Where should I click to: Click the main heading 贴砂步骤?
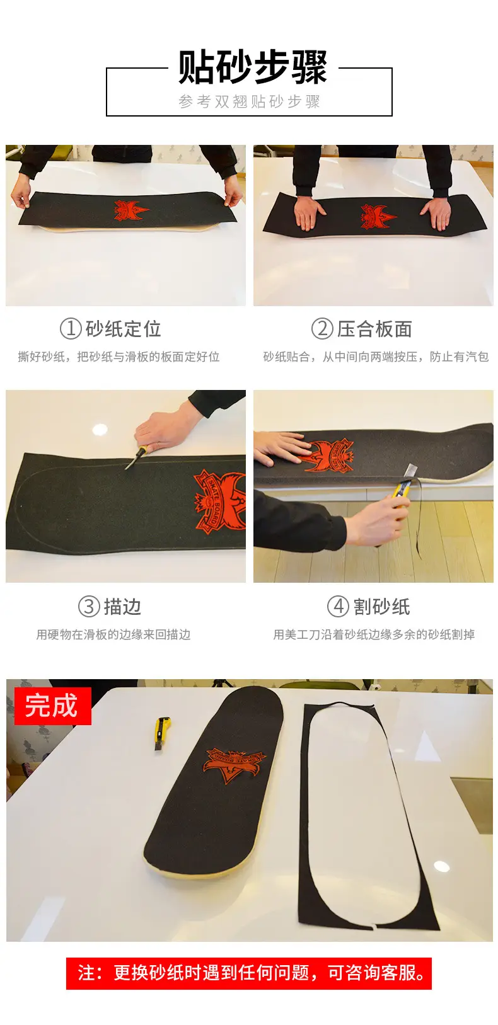[x=252, y=67]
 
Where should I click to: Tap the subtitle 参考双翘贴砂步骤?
[x=250, y=101]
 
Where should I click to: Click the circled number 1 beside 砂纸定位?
[x=71, y=329]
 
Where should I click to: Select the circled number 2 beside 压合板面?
[x=322, y=329]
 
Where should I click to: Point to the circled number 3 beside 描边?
[x=89, y=606]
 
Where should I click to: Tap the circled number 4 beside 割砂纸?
[x=339, y=606]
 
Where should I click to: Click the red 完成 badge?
[x=53, y=706]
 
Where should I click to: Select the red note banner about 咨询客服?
[x=249, y=972]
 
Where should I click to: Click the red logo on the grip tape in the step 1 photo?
[x=131, y=210]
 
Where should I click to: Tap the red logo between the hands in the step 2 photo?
[x=378, y=216]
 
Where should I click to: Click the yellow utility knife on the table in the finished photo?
[x=161, y=734]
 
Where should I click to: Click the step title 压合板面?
[x=374, y=329]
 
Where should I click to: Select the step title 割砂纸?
[x=381, y=606]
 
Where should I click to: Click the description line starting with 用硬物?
[x=113, y=634]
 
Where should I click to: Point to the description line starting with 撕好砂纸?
[x=119, y=357]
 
